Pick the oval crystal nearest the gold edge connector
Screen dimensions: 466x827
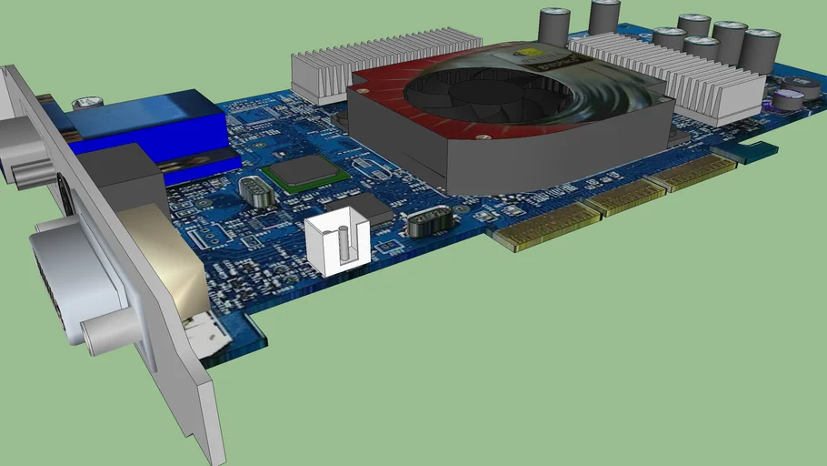[429, 222]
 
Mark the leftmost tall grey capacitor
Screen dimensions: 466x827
[553, 27]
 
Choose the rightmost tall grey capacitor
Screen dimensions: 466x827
[762, 50]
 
